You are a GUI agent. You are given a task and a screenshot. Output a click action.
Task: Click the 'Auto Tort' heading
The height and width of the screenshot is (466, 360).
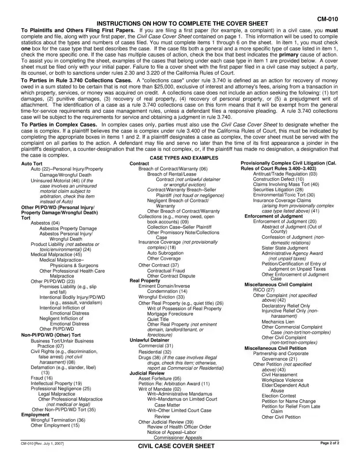point(32,164)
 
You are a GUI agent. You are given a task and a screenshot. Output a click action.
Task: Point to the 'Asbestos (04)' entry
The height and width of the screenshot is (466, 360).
point(45,223)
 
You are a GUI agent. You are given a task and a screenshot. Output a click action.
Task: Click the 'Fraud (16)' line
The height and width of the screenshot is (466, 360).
point(41,378)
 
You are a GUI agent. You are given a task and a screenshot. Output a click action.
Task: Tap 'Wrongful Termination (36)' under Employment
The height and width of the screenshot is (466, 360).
point(58,420)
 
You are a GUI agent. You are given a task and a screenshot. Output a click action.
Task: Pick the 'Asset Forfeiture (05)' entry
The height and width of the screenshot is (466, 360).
point(160,378)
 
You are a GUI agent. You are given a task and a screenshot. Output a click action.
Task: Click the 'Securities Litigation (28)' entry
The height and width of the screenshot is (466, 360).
point(278,189)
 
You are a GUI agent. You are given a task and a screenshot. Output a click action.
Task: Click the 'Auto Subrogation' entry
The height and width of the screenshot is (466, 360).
point(165,253)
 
